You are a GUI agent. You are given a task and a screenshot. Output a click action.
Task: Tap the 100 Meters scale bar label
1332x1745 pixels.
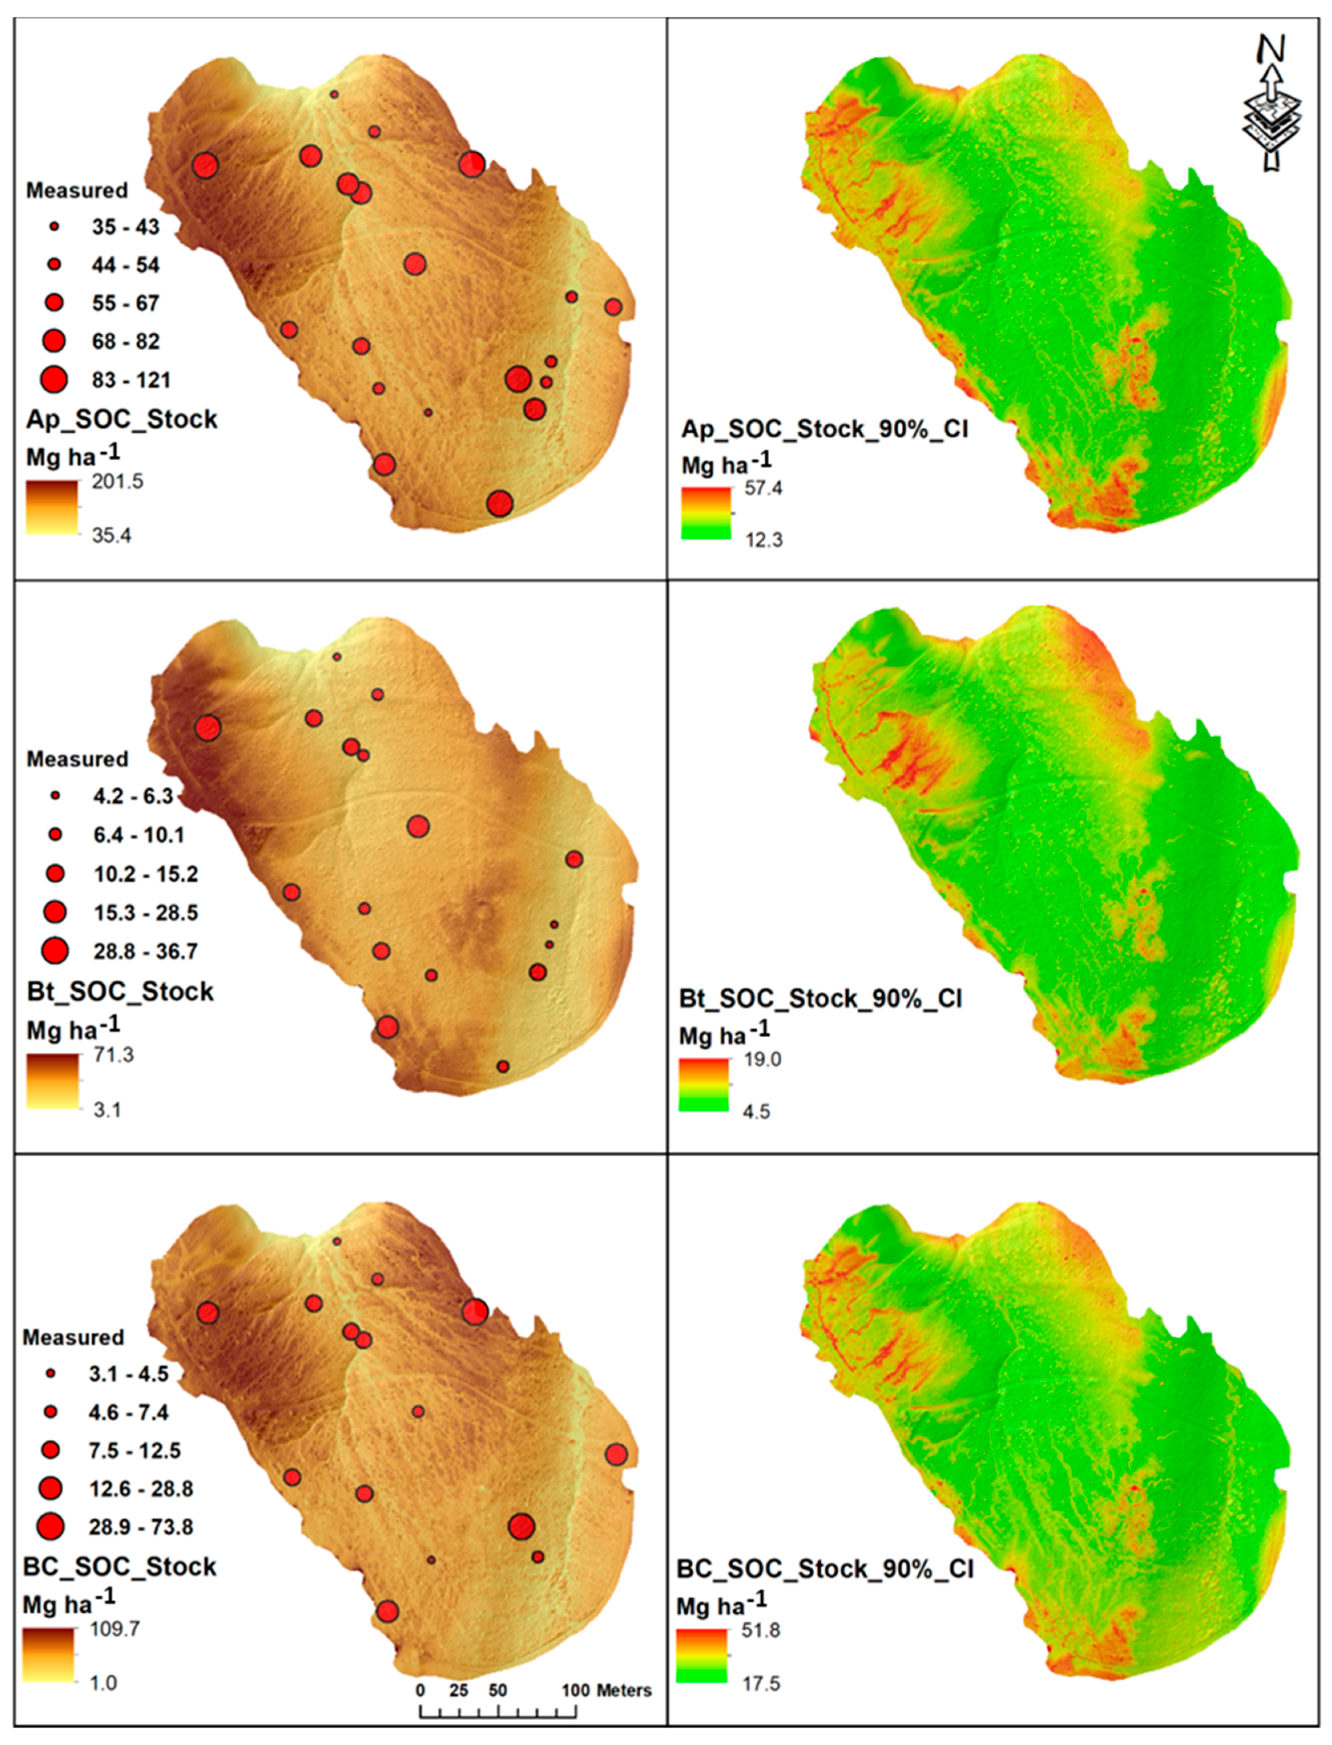point(607,1691)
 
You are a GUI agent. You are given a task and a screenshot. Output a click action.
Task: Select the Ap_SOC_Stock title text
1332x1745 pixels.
point(122,419)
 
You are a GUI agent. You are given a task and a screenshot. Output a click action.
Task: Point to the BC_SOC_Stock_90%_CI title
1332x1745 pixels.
point(825,1569)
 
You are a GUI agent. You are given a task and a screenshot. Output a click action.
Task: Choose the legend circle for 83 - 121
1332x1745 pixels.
point(54,379)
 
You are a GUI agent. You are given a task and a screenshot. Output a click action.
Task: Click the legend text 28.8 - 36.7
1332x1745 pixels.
point(145,951)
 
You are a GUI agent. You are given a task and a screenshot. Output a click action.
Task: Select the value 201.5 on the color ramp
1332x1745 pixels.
point(118,481)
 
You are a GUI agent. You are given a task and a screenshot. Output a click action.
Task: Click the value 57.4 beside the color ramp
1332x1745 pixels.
point(763,488)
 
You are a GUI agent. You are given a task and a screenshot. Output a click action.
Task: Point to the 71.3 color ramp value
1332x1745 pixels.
point(114,1055)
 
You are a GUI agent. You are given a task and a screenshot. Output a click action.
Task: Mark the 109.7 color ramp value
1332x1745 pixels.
point(114,1628)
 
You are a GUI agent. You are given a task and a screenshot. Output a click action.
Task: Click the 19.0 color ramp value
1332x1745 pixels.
point(762,1059)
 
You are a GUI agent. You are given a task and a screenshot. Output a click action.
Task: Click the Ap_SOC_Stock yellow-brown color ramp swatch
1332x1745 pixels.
point(52,507)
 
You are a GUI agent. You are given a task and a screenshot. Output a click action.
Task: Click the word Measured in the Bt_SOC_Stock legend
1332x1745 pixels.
point(77,759)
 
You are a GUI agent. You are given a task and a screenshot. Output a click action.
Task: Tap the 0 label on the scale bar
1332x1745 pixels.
point(420,1691)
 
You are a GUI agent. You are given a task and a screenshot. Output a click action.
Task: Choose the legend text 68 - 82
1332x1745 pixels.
point(125,341)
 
